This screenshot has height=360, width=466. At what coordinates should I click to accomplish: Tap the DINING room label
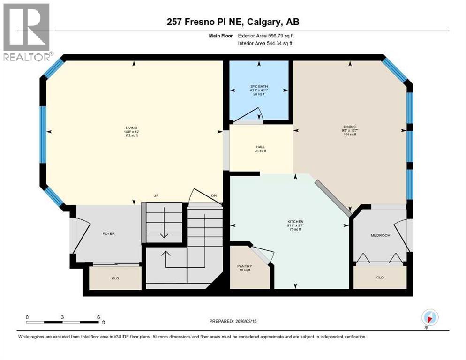(349, 127)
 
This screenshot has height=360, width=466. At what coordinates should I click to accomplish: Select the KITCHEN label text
(295, 221)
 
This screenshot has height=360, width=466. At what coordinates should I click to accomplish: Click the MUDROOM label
(380, 235)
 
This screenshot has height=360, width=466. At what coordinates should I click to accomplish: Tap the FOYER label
(108, 233)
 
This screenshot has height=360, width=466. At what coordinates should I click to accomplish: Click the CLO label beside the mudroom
(380, 277)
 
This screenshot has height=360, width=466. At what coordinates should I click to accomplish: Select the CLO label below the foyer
(115, 278)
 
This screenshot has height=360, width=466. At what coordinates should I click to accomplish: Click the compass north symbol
(430, 317)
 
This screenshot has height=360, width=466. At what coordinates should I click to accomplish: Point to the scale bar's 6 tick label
(98, 317)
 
